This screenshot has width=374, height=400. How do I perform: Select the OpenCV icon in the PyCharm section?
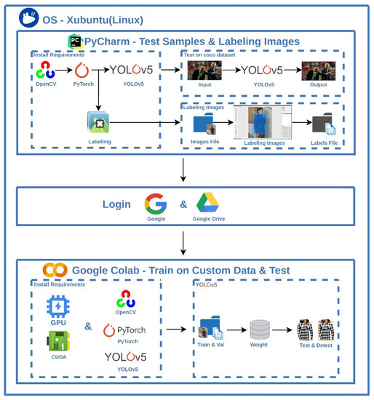click(46, 71)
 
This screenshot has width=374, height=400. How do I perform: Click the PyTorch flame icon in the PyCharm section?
click(81, 71)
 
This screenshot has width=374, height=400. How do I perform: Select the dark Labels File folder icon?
click(323, 124)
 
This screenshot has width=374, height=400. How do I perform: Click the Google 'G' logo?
click(155, 204)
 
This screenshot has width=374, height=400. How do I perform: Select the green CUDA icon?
click(58, 341)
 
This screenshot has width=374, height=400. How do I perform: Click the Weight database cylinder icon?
click(260, 330)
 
